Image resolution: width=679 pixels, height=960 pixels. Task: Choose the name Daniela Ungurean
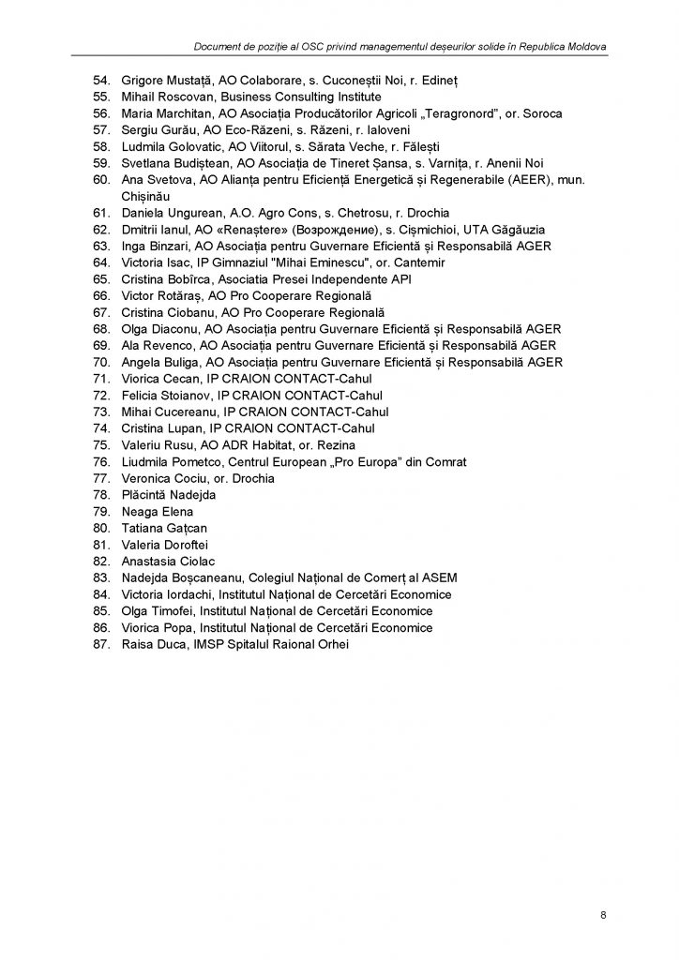tap(168, 213)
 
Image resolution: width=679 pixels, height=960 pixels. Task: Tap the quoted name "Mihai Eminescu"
tap(311, 262)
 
